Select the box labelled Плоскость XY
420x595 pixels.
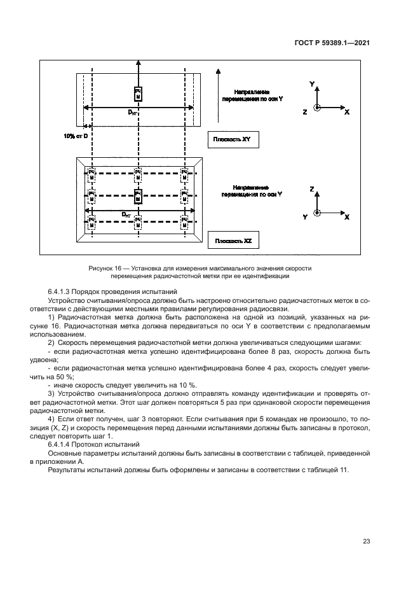pyautogui.click(x=233, y=140)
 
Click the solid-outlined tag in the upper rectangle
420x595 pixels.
pyautogui.click(x=137, y=94)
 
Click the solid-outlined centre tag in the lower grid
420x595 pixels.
pyautogui.click(x=137, y=195)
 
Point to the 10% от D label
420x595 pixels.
pyautogui.click(x=75, y=136)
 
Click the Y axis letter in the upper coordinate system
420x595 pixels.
pyautogui.click(x=311, y=84)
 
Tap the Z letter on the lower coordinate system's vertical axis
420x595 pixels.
pyautogui.click(x=312, y=190)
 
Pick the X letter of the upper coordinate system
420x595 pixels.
pyautogui.click(x=347, y=112)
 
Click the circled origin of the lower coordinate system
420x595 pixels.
pyautogui.click(x=319, y=213)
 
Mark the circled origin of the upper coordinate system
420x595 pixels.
pyautogui.click(x=318, y=108)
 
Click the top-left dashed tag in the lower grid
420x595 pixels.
pyautogui.click(x=92, y=174)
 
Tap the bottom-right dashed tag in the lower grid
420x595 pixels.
pyautogui.click(x=184, y=222)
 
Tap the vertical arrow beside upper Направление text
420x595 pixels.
pyautogui.click(x=218, y=95)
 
